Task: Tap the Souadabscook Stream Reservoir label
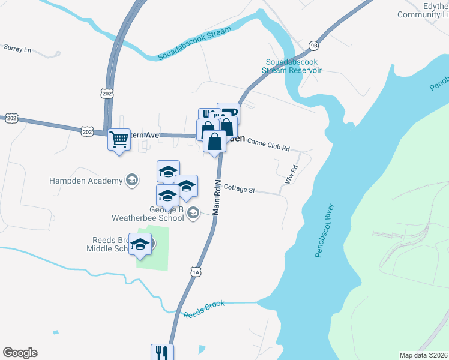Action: (292, 66)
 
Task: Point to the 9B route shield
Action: (313, 46)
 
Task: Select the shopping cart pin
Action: (119, 140)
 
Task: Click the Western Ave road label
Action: (144, 136)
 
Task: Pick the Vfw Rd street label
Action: (292, 174)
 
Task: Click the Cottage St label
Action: (240, 190)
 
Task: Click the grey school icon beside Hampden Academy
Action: (131, 180)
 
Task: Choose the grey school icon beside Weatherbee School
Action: (193, 213)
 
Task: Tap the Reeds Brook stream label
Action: (204, 309)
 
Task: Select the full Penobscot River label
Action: (327, 232)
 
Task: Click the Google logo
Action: (20, 353)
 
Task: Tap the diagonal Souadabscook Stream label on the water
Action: (194, 43)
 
